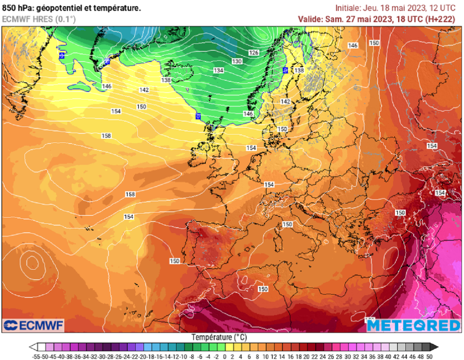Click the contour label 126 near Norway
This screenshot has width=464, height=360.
pyautogui.click(x=254, y=53)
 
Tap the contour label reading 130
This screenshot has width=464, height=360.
pyautogui.click(x=237, y=61)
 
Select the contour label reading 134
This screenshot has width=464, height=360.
pyautogui.click(x=219, y=70)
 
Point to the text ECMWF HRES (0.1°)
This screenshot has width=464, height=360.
pyautogui.click(x=39, y=19)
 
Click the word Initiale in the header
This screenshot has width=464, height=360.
pyautogui.click(x=348, y=8)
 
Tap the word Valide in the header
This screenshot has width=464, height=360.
pyautogui.click(x=309, y=19)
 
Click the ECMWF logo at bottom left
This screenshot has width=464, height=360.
pyautogui.click(x=33, y=325)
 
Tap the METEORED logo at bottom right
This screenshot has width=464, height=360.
pyautogui.click(x=413, y=325)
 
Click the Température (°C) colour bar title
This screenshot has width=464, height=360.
pyautogui.click(x=219, y=337)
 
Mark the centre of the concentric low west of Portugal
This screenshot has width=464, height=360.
pyautogui.click(x=32, y=262)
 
